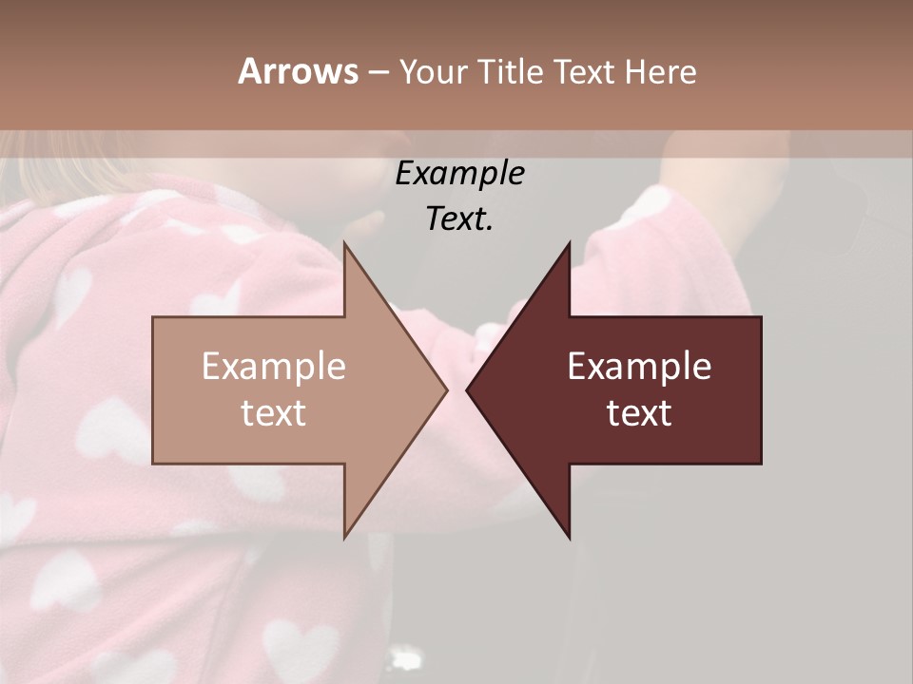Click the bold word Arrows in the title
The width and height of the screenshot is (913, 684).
pyautogui.click(x=298, y=71)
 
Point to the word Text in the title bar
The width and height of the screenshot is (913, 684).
pyautogui.click(x=585, y=72)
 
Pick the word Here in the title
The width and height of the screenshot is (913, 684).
pyautogui.click(x=661, y=72)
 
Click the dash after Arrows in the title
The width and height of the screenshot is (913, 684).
pyautogui.click(x=378, y=73)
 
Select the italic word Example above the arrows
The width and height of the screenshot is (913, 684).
pyautogui.click(x=459, y=173)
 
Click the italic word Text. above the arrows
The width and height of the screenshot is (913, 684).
pyautogui.click(x=459, y=219)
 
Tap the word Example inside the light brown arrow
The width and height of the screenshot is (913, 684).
pyautogui.click(x=274, y=366)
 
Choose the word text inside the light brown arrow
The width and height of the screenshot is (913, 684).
pyautogui.click(x=274, y=412)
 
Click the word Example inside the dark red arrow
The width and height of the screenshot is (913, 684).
pyautogui.click(x=639, y=366)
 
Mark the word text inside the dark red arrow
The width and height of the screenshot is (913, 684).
pyautogui.click(x=639, y=412)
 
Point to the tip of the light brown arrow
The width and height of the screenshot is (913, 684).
pyautogui.click(x=446, y=389)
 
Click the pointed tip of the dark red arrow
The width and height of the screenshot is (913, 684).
pyautogui.click(x=467, y=389)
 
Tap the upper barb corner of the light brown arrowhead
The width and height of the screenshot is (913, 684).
pyautogui.click(x=344, y=243)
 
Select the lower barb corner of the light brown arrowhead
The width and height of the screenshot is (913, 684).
pyautogui.click(x=344, y=537)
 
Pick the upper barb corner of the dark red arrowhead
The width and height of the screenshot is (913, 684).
pyautogui.click(x=570, y=243)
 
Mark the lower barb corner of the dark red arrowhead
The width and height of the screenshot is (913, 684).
pyautogui.click(x=570, y=537)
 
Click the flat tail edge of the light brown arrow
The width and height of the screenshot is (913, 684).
pyautogui.click(x=153, y=389)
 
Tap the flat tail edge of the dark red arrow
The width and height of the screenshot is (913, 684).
pyautogui.click(x=761, y=389)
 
